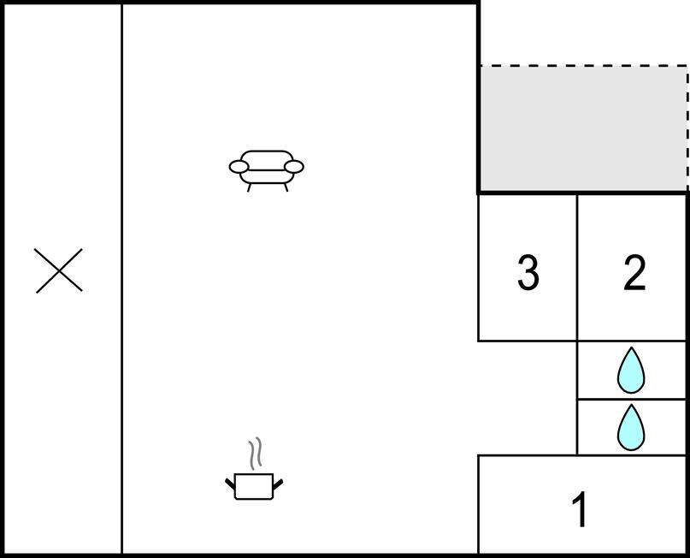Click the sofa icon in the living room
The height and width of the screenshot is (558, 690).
coord(266,170)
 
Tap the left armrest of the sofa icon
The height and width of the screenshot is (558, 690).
coord(239,167)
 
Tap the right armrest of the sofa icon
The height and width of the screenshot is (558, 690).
coord(294,167)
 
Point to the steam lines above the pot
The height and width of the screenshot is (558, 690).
coord(256,454)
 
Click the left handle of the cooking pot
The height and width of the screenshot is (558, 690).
coord(230,484)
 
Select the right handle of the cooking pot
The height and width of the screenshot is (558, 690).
coord(278,484)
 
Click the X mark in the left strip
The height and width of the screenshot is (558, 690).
coord(58,270)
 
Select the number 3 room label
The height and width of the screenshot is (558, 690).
coord(528,273)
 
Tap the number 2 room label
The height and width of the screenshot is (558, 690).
coord(634,273)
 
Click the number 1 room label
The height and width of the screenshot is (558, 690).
coord(580,509)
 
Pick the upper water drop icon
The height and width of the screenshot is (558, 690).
coord(631,371)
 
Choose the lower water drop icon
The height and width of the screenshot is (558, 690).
coord(631,428)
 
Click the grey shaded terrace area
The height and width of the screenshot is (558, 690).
coord(583,128)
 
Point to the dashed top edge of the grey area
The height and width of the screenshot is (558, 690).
coord(583,66)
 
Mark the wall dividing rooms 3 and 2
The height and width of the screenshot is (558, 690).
coord(577,267)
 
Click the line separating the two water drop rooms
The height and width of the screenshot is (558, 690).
coord(632,399)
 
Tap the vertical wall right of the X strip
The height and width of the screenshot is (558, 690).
coord(122,278)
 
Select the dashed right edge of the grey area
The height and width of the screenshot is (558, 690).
coord(687,128)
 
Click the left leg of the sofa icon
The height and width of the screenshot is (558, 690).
coord(249,187)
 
